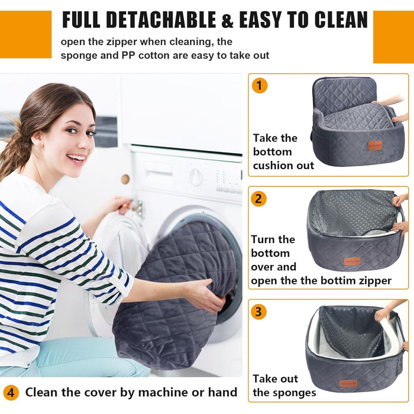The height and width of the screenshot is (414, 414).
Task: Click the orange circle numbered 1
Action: [260, 86]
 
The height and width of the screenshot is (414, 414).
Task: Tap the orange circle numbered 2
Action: [259, 199]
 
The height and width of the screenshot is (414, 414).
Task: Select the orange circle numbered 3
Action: [258, 312]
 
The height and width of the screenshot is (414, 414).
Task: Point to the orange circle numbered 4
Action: [11, 393]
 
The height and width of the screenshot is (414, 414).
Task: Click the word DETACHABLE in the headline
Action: [161, 20]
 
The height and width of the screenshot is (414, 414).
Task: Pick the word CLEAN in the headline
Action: [341, 20]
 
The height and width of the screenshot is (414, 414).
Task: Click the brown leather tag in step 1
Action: [375, 145]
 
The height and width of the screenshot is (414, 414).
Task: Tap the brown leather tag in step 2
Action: [352, 261]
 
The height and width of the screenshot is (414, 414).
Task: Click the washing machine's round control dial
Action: [196, 176]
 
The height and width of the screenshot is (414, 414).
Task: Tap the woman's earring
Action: [41, 143]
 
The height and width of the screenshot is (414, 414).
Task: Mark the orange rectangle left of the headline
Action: [25, 34]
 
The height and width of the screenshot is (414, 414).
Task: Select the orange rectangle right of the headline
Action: [393, 37]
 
